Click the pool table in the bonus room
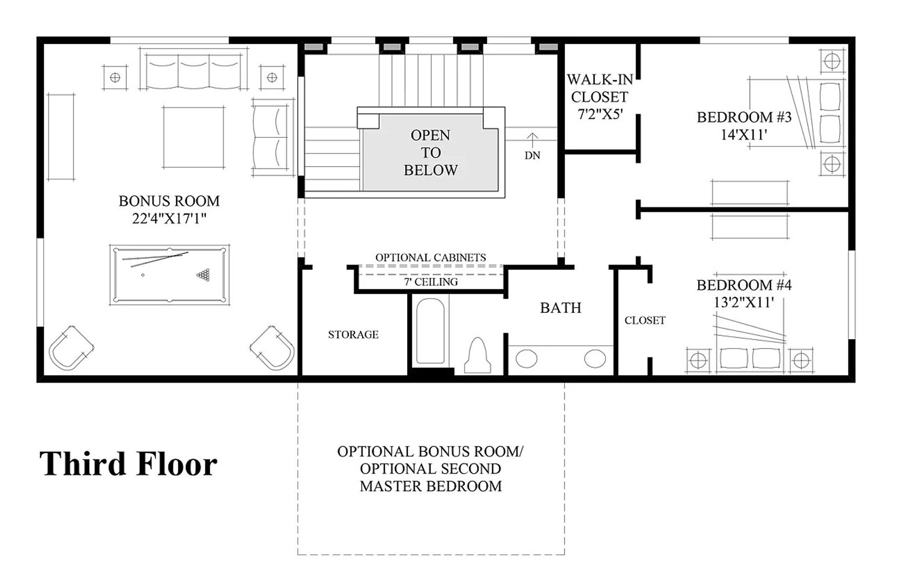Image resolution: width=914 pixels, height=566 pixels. point(169,274)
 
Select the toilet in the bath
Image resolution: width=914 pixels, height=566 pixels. point(478,356)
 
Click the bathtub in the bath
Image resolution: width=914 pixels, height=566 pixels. point(430,332)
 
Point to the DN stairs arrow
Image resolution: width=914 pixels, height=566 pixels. point(532,139)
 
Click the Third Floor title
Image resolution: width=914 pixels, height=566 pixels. point(128,464)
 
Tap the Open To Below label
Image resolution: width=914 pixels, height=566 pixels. point(431,153)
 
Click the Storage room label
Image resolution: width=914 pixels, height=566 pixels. point(353,334)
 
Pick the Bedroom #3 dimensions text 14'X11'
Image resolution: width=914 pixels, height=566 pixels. point(744,135)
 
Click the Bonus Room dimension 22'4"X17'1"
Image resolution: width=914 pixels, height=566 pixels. point(169,219)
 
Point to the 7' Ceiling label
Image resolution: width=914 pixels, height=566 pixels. point(431,282)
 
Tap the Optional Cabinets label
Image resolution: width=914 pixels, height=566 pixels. point(431,257)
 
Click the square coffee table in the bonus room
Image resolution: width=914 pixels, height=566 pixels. point(193,137)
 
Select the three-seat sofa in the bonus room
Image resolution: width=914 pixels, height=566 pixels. point(194,70)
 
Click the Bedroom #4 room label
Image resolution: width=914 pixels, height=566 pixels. point(744,285)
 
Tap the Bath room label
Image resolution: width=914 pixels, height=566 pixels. point(561,308)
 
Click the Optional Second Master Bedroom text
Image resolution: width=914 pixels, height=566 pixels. point(431,477)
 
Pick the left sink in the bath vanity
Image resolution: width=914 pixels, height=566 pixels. point(526,359)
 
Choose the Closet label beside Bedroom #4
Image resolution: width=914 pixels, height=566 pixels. point(645,320)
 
